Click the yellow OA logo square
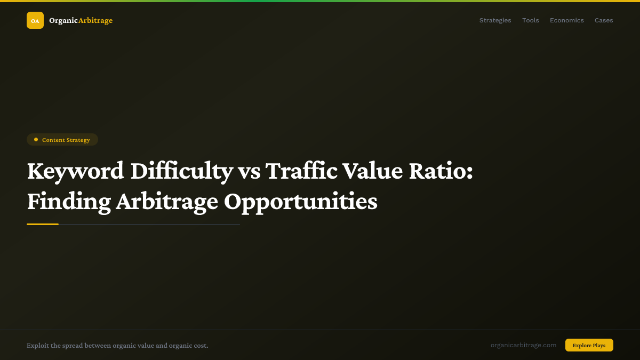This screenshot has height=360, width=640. (35, 20)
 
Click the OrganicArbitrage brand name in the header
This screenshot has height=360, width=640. (81, 20)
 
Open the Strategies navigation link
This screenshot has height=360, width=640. (495, 20)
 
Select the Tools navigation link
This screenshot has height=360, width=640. (530, 20)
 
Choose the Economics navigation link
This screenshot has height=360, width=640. (566, 20)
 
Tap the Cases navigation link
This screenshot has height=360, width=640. (604, 20)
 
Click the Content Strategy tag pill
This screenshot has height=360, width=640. (62, 140)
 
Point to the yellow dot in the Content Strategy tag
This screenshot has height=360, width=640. (36, 140)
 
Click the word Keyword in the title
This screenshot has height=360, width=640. (75, 171)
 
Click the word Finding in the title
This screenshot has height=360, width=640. (69, 202)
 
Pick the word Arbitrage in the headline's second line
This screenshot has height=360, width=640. (167, 202)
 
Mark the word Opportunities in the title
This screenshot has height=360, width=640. (300, 202)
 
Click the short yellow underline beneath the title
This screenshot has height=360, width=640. (43, 224)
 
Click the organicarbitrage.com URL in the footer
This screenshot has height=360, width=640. (523, 345)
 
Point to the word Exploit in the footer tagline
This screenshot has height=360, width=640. (37, 346)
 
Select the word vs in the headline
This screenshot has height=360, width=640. (249, 171)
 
